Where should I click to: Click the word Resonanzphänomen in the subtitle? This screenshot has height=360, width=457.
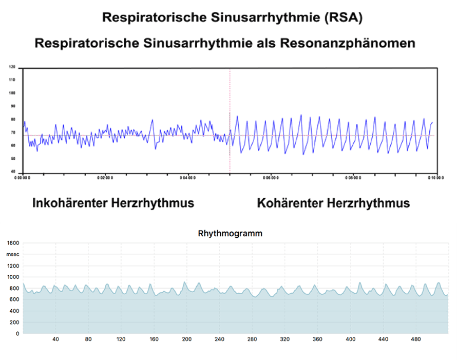tap(347, 43)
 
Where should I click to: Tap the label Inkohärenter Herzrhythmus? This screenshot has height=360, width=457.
tap(113, 203)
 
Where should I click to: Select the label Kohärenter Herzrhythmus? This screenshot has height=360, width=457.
tap(333, 203)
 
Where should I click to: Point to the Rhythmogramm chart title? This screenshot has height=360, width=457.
tap(230, 233)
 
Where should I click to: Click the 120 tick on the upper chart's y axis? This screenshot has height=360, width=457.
tap(12, 67)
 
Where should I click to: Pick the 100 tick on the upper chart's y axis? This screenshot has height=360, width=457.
tap(12, 93)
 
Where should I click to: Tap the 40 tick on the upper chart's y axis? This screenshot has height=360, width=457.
tap(12, 172)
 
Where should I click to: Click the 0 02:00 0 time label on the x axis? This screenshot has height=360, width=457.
tap(105, 178)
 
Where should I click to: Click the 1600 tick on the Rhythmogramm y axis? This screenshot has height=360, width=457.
tap(13, 243)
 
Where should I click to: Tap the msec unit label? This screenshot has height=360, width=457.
tap(12, 254)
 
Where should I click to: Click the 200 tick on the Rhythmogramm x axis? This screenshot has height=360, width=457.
tap(186, 339)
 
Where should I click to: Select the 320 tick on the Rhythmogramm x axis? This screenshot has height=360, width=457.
tap(284, 339)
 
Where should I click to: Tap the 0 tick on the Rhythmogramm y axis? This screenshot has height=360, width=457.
tap(17, 334)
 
